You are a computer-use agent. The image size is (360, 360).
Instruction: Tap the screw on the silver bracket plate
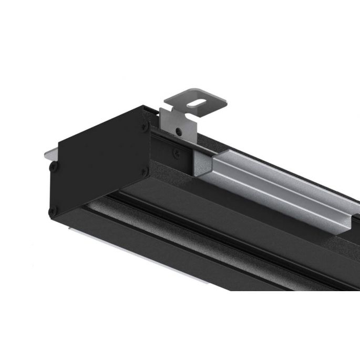tap(179, 130)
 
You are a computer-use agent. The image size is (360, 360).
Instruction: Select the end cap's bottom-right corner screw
tap(147, 170)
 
